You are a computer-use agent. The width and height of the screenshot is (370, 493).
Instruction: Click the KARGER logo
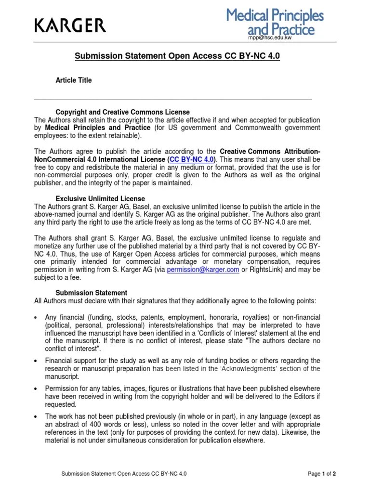[x=70, y=25]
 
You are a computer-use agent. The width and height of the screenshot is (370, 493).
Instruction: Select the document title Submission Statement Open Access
[x=177, y=56]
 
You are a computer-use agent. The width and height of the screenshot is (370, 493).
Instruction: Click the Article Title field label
[x=74, y=80]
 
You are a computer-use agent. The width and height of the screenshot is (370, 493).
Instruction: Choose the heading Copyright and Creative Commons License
[x=122, y=112]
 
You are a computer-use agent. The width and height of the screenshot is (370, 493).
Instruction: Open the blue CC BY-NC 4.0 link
[x=192, y=159]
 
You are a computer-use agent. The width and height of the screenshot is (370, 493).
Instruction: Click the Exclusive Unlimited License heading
[x=100, y=199]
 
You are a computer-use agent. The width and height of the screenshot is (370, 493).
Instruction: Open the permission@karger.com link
[x=203, y=270]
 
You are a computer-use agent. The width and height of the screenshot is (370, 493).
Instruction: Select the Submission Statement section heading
[x=92, y=293]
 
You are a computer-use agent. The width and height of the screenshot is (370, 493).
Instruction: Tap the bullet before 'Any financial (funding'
[x=37, y=317]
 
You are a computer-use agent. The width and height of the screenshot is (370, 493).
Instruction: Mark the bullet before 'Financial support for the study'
[x=37, y=361]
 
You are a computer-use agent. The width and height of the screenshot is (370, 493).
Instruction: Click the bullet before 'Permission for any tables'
[x=37, y=389]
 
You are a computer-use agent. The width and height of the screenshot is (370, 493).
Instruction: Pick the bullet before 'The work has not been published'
[x=37, y=416]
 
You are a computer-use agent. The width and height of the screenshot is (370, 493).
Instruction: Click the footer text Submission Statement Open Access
[x=124, y=474]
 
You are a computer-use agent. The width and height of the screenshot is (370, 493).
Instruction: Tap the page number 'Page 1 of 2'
[x=321, y=474]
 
